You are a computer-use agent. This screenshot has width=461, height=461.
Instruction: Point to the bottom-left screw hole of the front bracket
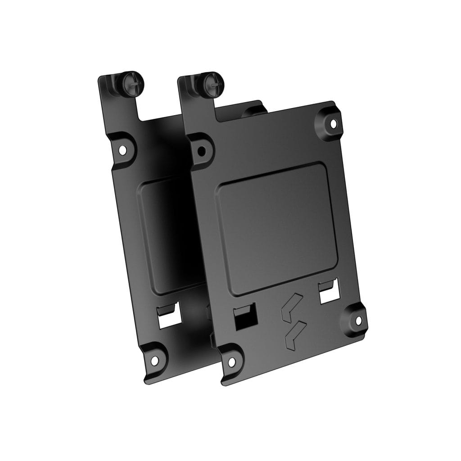click(231, 362)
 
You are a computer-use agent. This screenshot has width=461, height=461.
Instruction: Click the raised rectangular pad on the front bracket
click(275, 230)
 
